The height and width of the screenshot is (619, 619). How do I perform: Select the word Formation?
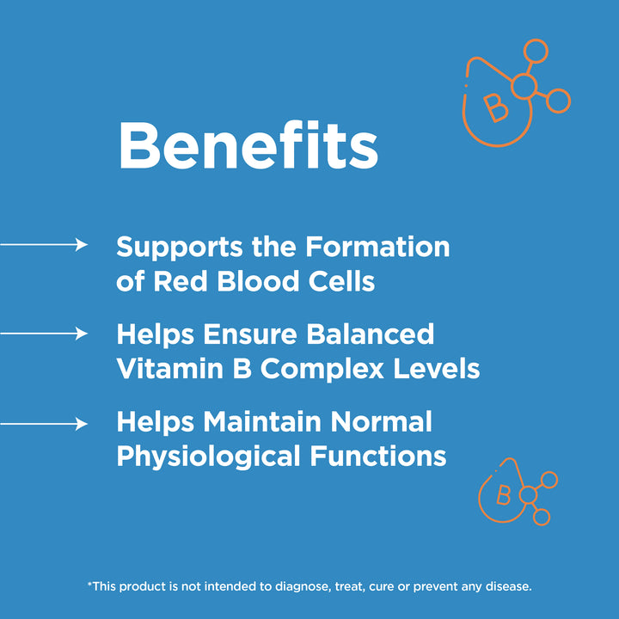[x=377, y=247]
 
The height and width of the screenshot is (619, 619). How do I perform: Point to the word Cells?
[x=343, y=281]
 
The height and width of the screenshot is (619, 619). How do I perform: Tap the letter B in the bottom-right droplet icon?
[x=504, y=496]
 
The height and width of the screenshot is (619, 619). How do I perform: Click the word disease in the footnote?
[x=508, y=586]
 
